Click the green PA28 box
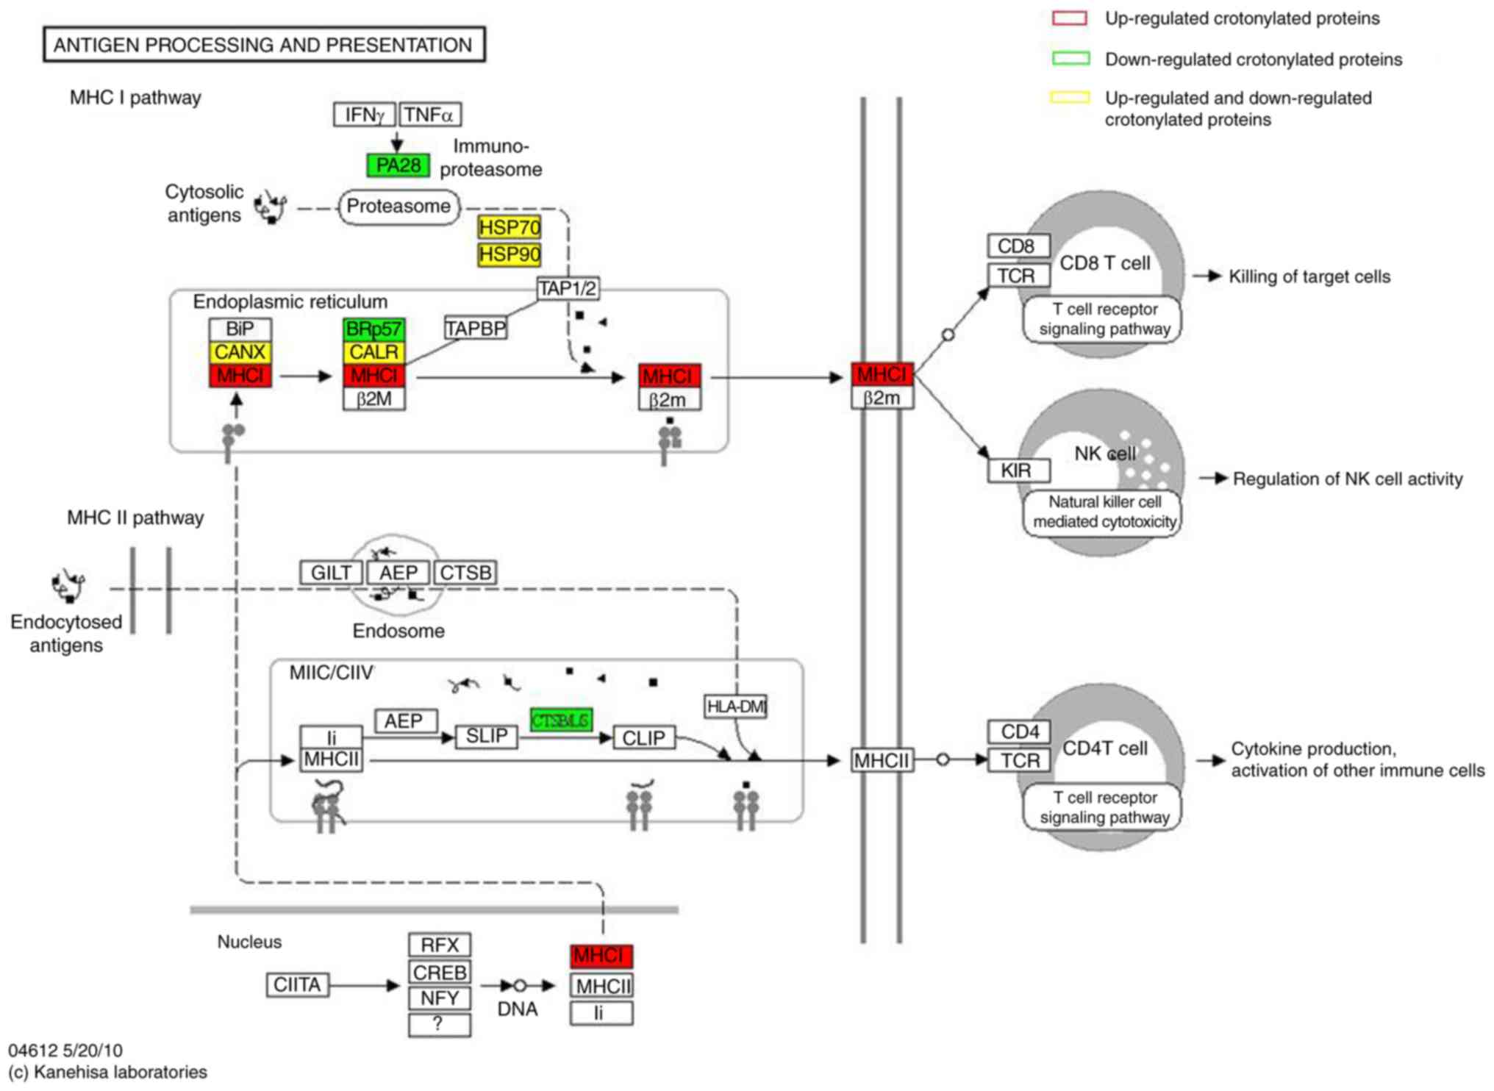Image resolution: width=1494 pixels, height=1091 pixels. [x=398, y=165]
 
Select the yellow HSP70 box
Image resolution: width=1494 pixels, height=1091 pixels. [x=509, y=228]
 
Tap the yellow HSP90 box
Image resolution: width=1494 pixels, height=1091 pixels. [x=509, y=255]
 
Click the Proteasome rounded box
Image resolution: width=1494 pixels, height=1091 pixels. [x=398, y=207]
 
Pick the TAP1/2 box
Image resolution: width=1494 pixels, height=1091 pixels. [x=567, y=288]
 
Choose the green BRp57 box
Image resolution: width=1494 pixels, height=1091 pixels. [x=373, y=329]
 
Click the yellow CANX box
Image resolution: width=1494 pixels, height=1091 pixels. [x=240, y=352]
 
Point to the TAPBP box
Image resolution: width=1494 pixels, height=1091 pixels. [x=476, y=328]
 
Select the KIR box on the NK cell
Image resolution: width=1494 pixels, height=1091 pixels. [x=1018, y=471]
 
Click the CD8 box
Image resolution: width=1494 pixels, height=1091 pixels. [x=1018, y=246]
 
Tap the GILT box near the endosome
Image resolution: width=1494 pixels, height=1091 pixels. [x=331, y=573]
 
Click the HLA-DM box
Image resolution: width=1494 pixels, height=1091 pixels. [x=735, y=707]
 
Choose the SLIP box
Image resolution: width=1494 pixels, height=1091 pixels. [x=486, y=737]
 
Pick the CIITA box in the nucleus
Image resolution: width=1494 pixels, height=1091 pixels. [x=297, y=985]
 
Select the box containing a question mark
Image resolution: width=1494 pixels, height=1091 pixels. [x=439, y=1024]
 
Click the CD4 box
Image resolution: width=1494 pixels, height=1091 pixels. [x=1018, y=732]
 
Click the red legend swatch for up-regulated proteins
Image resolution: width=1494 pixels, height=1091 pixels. [x=1069, y=18]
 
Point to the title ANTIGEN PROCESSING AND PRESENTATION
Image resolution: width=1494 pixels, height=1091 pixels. [x=263, y=45]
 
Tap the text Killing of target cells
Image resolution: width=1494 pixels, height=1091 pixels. [x=1309, y=277]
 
